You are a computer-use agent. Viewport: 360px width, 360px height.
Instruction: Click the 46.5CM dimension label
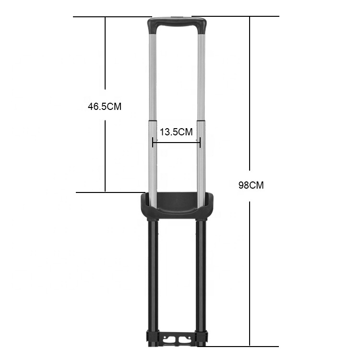(x=105, y=107)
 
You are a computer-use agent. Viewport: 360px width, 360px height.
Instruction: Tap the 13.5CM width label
(x=176, y=132)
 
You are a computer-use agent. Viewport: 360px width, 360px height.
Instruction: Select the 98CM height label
(x=251, y=185)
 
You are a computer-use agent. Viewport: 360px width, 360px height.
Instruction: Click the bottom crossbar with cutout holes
(x=177, y=339)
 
